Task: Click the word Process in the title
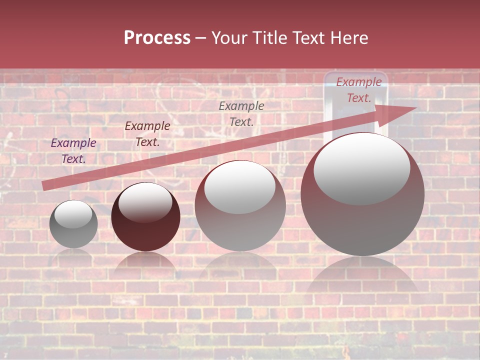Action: tap(157, 38)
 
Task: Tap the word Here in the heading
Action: tap(348, 38)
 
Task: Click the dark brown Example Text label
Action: tap(147, 134)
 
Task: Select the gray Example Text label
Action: tap(241, 113)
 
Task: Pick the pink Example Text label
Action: tap(359, 90)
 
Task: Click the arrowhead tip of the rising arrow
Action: tap(415, 108)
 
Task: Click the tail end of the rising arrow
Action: tap(44, 186)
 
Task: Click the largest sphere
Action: tap(362, 220)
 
